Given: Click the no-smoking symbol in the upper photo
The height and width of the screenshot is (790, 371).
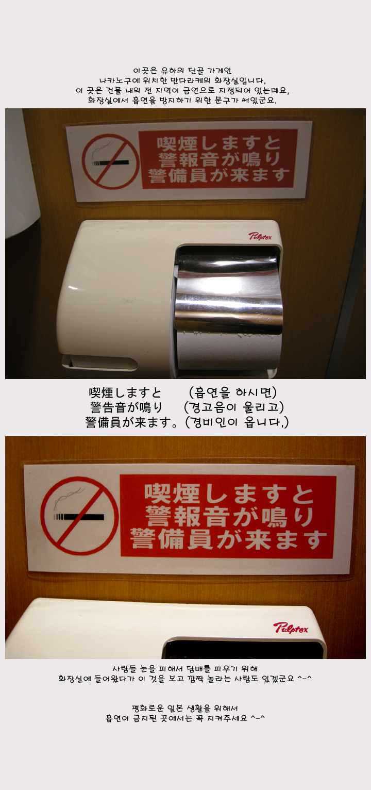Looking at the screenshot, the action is point(110,160).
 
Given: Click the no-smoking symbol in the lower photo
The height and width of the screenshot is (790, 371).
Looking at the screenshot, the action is point(79,516).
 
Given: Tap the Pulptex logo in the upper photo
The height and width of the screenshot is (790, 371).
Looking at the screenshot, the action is point(260,236).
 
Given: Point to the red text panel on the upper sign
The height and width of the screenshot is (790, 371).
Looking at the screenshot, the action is point(218,159).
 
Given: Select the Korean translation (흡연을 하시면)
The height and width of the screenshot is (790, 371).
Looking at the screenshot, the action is point(233,392).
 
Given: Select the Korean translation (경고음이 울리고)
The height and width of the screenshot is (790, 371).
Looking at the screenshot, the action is point(234,407).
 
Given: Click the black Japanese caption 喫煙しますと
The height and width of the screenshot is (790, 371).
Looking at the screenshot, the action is point(125,392).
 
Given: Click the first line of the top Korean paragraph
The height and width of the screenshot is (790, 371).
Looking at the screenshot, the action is point(182,71).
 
